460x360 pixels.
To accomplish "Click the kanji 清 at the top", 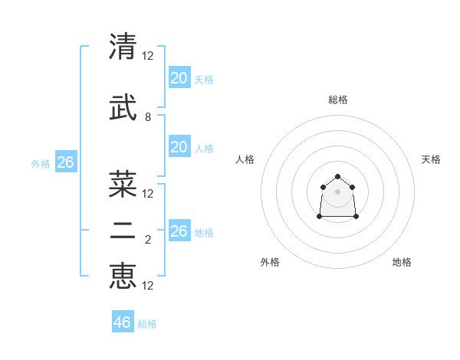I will point(123,47).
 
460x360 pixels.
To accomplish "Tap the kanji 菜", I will point(123,184).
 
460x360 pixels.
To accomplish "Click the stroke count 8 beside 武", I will point(148,117).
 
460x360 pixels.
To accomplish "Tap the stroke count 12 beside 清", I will point(148,56).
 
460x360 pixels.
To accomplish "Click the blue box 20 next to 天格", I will point(179,77).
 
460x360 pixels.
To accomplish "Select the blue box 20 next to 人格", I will point(179,147).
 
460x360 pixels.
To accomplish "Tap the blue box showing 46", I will point(123,322).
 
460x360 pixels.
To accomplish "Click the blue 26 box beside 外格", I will point(65,162).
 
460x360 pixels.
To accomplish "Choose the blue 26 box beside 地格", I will point(179,231).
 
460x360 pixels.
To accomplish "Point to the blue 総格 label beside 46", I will point(148,324).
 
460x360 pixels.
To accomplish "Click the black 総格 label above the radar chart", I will point(338,100).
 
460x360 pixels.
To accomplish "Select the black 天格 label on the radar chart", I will point(431,159).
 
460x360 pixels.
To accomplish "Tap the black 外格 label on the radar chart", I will point(270,262).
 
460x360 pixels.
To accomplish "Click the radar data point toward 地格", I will point(356,217).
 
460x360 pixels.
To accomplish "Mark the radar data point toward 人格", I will point(323,187).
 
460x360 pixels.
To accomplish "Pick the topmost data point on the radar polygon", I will point(338,176).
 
